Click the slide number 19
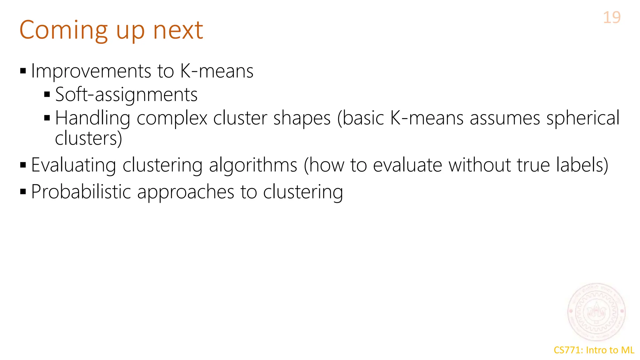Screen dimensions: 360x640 point(612,17)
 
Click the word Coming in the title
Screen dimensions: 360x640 point(63,30)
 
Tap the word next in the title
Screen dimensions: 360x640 point(178,30)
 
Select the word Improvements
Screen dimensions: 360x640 point(91,71)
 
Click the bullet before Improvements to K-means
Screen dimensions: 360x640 point(23,71)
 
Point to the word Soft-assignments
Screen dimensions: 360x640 point(126,95)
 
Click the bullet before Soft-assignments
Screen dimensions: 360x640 point(47,94)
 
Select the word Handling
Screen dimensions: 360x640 point(92,118)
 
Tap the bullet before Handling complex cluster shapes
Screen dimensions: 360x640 point(47,118)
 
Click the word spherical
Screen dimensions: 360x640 point(583,118)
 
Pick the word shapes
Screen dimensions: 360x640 point(302,118)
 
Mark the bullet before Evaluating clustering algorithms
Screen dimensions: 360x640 point(23,165)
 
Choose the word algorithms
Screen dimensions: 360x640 point(253,165)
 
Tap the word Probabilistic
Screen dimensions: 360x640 point(81,192)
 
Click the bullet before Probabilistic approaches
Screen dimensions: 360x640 point(23,191)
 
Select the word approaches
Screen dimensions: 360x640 point(186,192)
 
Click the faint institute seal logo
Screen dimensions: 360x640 point(596,312)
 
